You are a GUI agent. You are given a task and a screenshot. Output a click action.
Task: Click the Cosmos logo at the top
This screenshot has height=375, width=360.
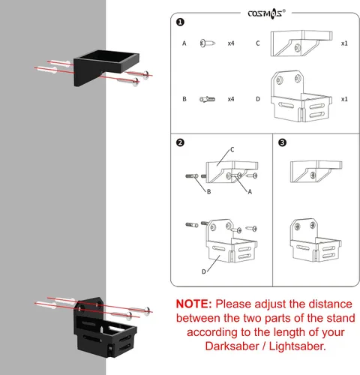click(x=266, y=13)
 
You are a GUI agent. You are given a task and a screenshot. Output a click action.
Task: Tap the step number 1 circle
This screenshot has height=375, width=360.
click(x=180, y=22)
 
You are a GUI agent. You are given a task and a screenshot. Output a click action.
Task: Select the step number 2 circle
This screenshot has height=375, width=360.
click(x=180, y=142)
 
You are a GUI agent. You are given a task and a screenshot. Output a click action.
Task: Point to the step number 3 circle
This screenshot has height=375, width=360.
click(x=282, y=142)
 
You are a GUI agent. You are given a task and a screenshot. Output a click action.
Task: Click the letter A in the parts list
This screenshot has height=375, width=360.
click(x=184, y=43)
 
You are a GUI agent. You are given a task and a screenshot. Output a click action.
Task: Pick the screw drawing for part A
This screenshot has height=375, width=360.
click(x=208, y=43)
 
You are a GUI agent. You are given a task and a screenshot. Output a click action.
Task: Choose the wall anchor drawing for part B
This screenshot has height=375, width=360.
click(x=207, y=99)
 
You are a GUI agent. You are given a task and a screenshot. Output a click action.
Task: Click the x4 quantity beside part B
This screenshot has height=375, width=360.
click(x=231, y=99)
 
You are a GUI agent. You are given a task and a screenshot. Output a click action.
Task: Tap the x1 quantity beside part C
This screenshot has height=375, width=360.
click(x=344, y=43)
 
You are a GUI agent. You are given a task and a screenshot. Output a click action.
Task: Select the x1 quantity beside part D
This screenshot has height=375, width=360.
click(x=344, y=99)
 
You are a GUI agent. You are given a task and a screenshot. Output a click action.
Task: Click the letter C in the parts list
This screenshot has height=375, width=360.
click(x=258, y=43)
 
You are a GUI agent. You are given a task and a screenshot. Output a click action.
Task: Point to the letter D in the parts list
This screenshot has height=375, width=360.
click(x=258, y=99)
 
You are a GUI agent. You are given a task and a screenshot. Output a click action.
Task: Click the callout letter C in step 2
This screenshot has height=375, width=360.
click(x=232, y=149)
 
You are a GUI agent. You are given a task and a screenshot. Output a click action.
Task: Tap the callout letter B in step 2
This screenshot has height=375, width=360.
click(x=208, y=192)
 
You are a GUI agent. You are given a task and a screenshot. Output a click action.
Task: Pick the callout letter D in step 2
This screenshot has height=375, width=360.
click(x=204, y=271)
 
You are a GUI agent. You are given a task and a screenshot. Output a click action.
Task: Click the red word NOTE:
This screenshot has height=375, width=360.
click(x=194, y=304)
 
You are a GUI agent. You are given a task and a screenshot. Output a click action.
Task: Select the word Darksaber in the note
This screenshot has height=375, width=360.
click(x=232, y=346)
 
